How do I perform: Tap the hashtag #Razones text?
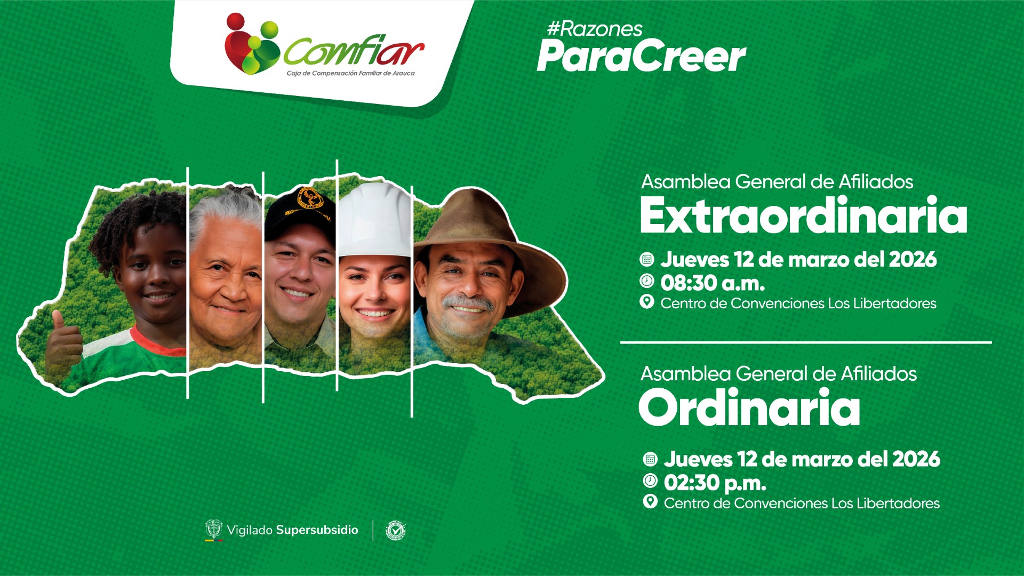pyautogui.click(x=595, y=29)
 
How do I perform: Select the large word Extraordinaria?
pyautogui.click(x=803, y=215)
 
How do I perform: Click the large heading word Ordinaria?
pyautogui.click(x=749, y=407)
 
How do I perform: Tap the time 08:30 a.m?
pyautogui.click(x=713, y=283)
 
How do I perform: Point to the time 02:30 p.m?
pyautogui.click(x=715, y=483)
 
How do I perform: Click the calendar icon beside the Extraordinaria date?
pyautogui.click(x=647, y=260)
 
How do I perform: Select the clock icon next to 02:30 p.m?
pyautogui.click(x=650, y=481)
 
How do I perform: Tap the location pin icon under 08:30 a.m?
pyautogui.click(x=647, y=302)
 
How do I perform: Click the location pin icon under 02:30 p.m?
pyautogui.click(x=650, y=501)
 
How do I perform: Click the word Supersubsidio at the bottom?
pyautogui.click(x=317, y=530)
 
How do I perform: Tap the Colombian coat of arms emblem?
pyautogui.click(x=214, y=530)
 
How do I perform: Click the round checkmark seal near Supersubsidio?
pyautogui.click(x=396, y=530)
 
